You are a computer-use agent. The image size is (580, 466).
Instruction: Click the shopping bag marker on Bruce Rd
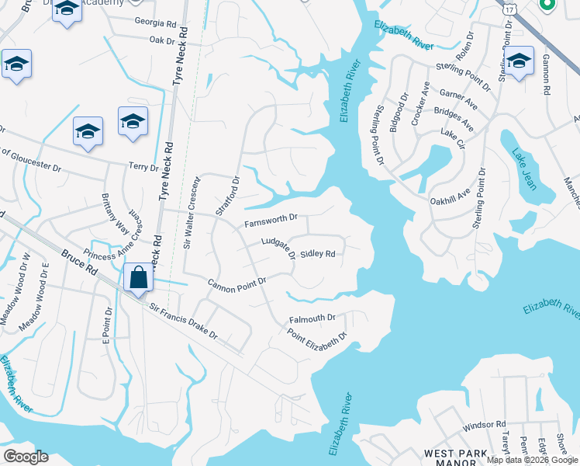point(139,278)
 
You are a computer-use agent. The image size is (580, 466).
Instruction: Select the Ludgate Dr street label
point(278,248)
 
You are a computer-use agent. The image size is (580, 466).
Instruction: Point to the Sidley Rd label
point(317,253)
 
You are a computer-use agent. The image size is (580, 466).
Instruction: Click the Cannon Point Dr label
point(236,283)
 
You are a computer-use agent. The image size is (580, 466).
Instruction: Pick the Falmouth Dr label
point(312,318)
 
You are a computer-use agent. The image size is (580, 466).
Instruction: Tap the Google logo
point(26,457)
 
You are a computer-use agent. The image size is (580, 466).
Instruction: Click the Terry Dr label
point(143,166)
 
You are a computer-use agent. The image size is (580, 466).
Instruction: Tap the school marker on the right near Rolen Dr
point(519,60)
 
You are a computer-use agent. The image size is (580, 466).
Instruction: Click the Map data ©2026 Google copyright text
point(532,460)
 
